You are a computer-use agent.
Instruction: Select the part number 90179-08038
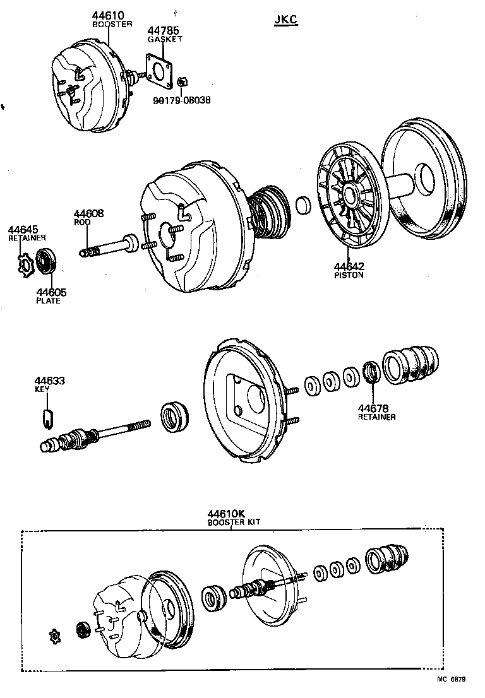tap(181, 100)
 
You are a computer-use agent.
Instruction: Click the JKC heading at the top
tap(286, 20)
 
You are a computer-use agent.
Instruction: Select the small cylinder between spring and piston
tap(304, 204)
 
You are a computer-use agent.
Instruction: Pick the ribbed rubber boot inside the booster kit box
tap(387, 557)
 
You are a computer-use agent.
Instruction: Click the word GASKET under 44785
tap(165, 38)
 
